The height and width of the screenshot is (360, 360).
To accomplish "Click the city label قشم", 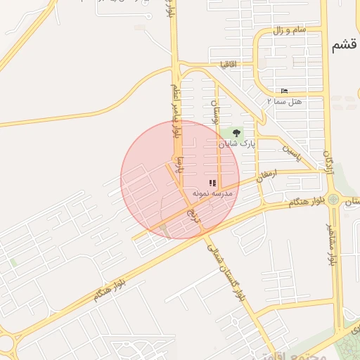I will click(344, 46).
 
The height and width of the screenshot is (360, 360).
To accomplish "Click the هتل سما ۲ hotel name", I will click(284, 101).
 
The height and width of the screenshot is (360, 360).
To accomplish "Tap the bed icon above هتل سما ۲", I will click(284, 91).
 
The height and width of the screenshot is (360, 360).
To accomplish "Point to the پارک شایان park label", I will click(237, 143).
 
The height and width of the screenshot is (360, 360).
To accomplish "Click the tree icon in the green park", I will click(236, 131).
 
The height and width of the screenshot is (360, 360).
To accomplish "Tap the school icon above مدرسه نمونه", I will click(212, 183).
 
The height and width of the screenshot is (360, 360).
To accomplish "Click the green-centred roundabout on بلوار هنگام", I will click(333, 200).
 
